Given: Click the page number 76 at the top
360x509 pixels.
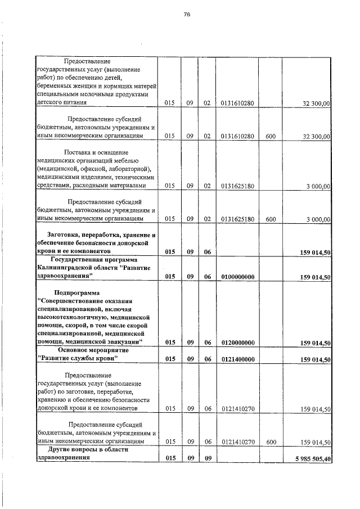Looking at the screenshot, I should point(187,15).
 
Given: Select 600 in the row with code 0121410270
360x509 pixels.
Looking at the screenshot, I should point(271,442).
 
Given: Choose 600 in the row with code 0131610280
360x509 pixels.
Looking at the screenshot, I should point(271,136).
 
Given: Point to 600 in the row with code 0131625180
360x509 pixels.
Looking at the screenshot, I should point(271,219).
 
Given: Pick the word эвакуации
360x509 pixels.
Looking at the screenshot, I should point(127,342).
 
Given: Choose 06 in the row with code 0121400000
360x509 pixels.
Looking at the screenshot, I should point(206,359).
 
